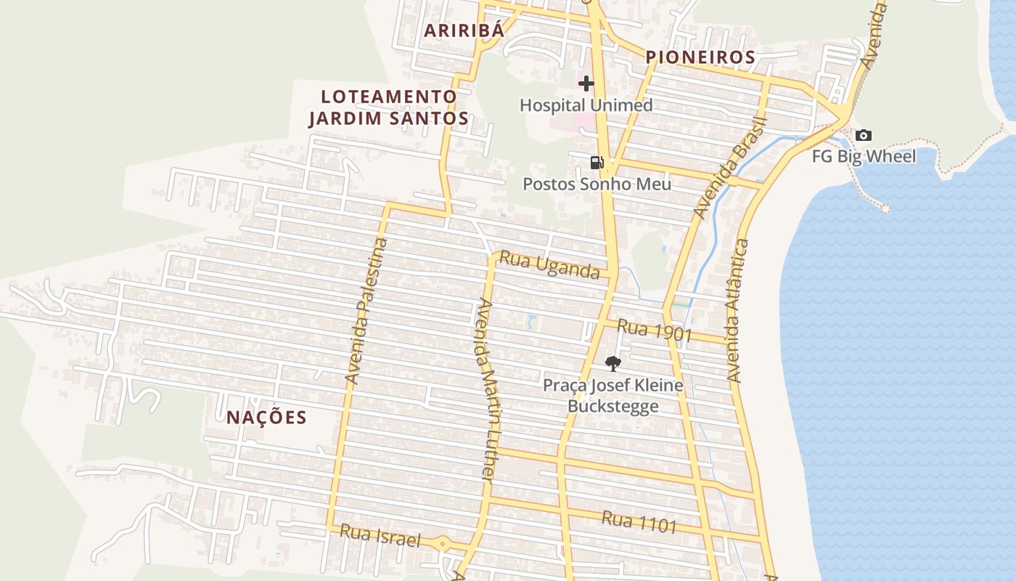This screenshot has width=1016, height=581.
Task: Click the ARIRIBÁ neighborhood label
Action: (x=464, y=31)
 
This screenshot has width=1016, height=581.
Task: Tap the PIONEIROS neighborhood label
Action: (x=700, y=57)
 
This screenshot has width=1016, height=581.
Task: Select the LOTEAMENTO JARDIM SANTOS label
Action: (x=389, y=107)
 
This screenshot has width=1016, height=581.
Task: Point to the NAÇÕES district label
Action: (x=266, y=418)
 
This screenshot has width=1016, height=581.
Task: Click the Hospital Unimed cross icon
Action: (x=586, y=84)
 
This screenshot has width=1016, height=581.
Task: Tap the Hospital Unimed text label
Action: (x=586, y=105)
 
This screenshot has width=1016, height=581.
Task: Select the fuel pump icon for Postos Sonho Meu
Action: (x=597, y=162)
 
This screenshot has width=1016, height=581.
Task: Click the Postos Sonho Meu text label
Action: (x=597, y=184)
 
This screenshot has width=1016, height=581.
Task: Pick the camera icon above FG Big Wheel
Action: (x=863, y=135)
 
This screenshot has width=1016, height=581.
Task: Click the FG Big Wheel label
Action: (x=864, y=156)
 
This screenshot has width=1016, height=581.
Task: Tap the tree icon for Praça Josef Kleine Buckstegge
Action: (x=613, y=363)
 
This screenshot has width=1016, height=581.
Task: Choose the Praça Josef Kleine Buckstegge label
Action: (x=613, y=395)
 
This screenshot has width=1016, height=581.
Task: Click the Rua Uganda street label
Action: (x=550, y=266)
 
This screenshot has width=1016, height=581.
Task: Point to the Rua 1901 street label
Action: (x=655, y=330)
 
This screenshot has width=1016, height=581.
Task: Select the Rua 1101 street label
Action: (x=639, y=521)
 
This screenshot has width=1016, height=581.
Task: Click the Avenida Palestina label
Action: (x=367, y=311)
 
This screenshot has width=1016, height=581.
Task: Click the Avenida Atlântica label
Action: (x=737, y=311)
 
